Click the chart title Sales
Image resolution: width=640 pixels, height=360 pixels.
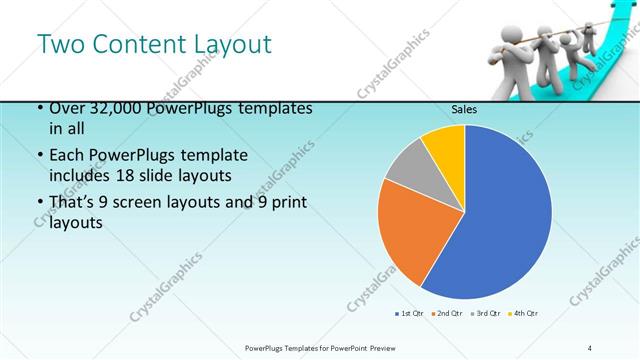[463, 110]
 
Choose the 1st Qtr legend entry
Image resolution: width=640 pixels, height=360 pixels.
[408, 314]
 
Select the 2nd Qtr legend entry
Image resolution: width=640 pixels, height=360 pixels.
[446, 314]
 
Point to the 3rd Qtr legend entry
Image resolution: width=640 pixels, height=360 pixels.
[484, 314]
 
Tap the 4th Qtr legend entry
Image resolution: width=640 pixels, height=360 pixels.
[522, 314]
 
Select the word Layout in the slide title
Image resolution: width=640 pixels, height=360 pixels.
[231, 45]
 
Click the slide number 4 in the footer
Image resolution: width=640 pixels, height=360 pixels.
[590, 347]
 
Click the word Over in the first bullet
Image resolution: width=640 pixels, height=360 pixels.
[65, 109]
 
